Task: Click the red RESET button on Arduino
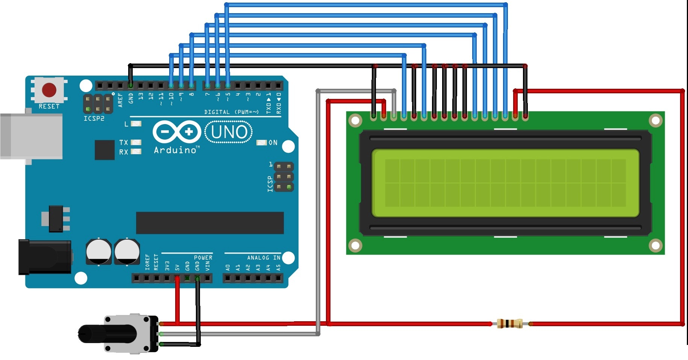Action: [x=49, y=90]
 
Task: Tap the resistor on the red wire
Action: [x=509, y=324]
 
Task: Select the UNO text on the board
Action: [x=229, y=132]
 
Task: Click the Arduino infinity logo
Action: [x=177, y=132]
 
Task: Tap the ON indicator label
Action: [x=273, y=143]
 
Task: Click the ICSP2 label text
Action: [x=94, y=118]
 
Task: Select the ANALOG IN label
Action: [x=264, y=258]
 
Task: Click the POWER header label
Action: [x=203, y=258]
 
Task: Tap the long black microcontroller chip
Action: [x=210, y=223]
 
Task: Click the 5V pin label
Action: [x=177, y=267]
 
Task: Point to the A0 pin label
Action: [x=227, y=267]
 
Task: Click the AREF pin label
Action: [x=120, y=100]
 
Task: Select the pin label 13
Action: [x=141, y=96]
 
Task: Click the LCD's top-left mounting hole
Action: [x=355, y=120]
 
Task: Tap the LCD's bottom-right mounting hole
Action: [x=655, y=246]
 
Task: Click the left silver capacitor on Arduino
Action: [x=99, y=251]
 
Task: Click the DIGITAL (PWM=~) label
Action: [x=231, y=112]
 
